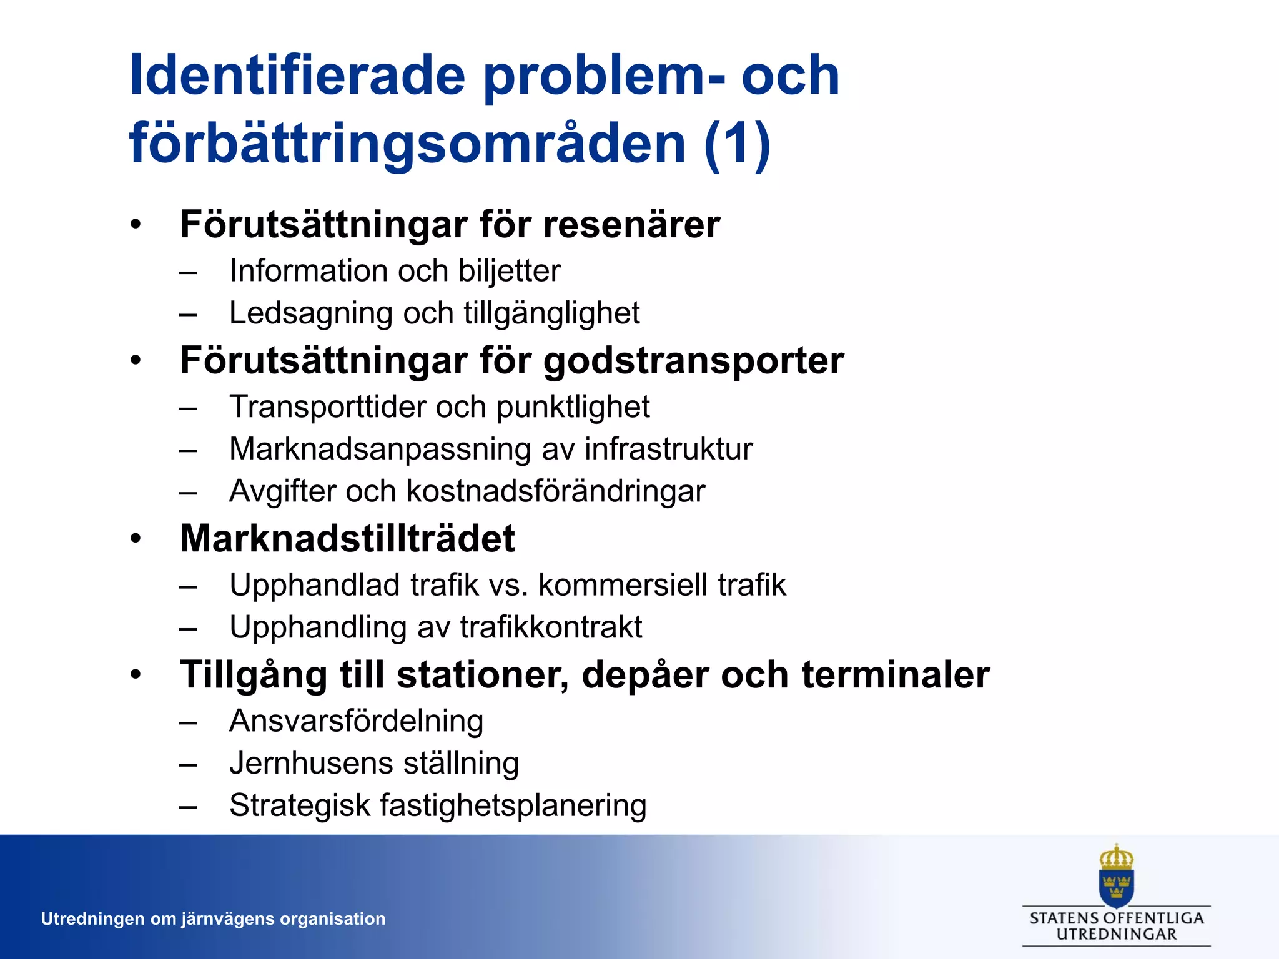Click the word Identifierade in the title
click(x=297, y=76)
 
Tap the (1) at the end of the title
click(x=736, y=144)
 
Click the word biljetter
click(x=509, y=272)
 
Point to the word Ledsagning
click(x=310, y=314)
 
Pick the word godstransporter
click(x=693, y=361)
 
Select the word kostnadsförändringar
click(x=555, y=491)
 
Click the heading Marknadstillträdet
click(x=347, y=539)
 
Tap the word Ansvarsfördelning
click(x=356, y=722)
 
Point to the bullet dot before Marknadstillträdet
click(x=136, y=539)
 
